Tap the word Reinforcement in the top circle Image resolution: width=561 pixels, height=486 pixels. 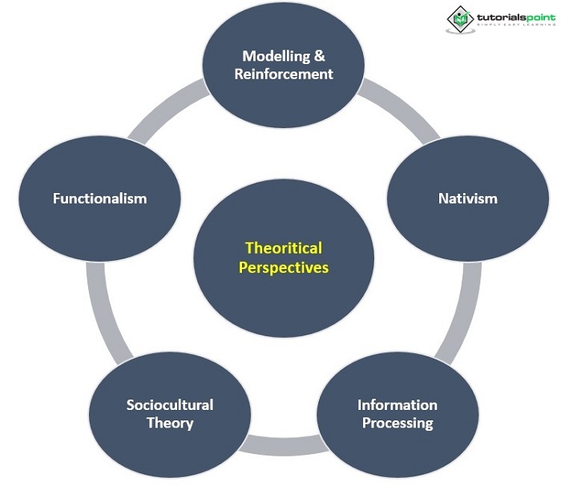tap(284, 74)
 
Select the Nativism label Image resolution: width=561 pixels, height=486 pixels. tap(467, 198)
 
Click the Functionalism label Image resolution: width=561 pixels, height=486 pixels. tap(100, 198)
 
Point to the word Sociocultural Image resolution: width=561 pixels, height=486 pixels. tap(170, 404)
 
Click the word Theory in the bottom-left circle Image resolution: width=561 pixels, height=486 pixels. tap(170, 422)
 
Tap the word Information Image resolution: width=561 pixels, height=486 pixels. tap(398, 404)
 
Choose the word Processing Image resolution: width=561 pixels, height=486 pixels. tap(398, 422)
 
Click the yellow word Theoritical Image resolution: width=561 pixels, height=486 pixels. tap(284, 248)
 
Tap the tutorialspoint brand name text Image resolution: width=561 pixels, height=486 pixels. tap(512, 16)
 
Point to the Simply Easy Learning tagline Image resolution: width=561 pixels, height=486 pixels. tap(511, 27)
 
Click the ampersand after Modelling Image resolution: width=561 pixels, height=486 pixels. tap(318, 56)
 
